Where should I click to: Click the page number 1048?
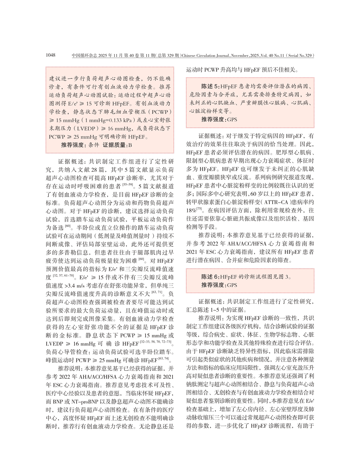(51, 55)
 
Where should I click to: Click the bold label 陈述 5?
(209, 86)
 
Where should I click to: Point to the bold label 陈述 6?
(209, 277)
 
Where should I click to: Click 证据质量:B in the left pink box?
(117, 145)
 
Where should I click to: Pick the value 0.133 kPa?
(120, 120)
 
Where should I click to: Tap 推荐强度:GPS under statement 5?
(219, 120)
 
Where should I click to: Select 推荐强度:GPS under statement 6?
(219, 285)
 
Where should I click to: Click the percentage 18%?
(191, 210)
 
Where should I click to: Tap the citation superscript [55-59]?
(128, 184)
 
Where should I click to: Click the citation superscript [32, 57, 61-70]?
(63, 276)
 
